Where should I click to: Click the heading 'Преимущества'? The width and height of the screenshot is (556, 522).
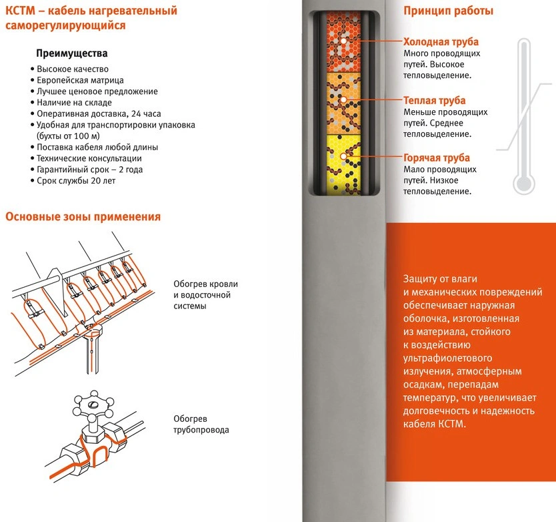click(x=71, y=53)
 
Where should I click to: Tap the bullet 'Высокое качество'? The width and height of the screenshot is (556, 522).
click(x=73, y=69)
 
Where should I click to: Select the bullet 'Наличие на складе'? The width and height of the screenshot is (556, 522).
click(x=74, y=103)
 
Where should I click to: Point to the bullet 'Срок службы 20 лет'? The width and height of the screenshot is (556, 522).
click(x=75, y=181)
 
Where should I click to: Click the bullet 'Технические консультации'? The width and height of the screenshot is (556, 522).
click(x=89, y=158)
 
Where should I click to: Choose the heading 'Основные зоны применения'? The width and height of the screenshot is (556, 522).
click(x=83, y=216)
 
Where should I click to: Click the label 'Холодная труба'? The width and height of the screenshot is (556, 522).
click(x=441, y=42)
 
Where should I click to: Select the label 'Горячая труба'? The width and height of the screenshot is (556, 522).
click(x=437, y=158)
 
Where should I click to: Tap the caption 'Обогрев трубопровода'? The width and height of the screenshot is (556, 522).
click(x=201, y=424)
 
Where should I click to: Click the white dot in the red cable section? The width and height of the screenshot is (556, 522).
click(x=343, y=41)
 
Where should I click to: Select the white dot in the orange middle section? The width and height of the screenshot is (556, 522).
click(x=343, y=100)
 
